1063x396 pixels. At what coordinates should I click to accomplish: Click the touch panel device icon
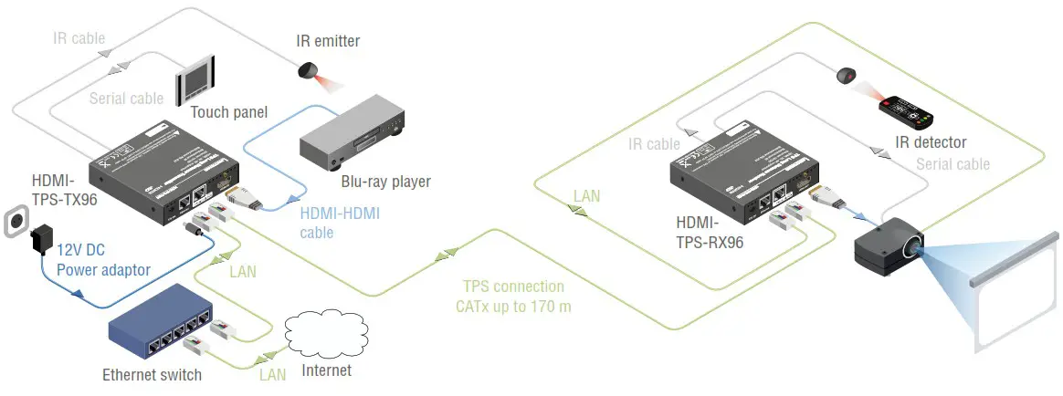coord(197,79)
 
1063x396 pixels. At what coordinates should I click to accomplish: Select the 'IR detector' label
coord(931,142)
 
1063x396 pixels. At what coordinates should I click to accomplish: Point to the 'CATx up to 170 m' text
coord(513,307)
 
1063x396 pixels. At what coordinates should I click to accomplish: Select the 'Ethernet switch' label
coord(153,374)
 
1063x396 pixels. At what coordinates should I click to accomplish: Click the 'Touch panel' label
coord(228,112)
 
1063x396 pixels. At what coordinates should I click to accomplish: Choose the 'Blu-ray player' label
coord(384,181)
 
